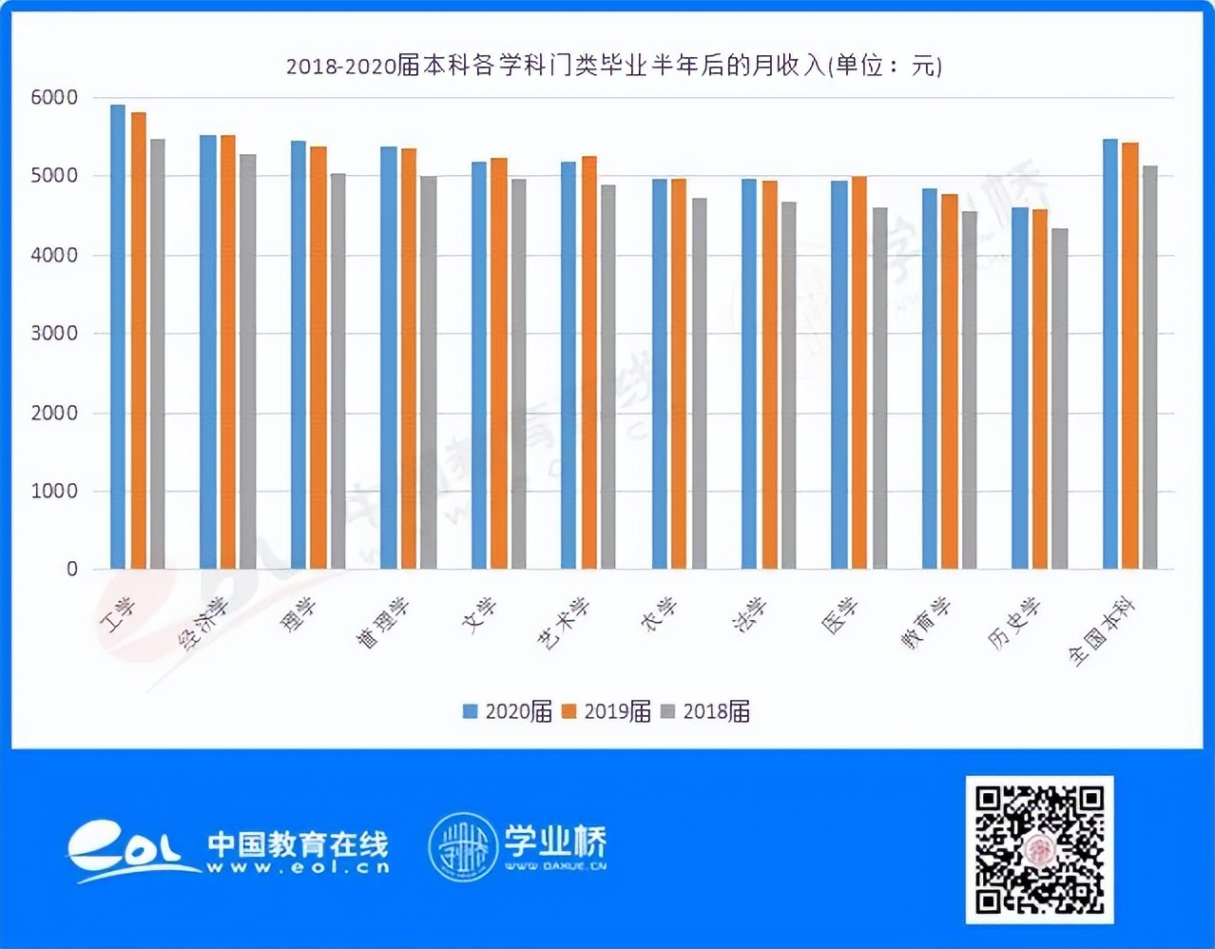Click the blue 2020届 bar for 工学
(118, 338)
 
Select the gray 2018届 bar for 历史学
(1059, 399)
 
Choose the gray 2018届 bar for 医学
(879, 389)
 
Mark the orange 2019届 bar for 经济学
(228, 353)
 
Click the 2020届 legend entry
(508, 711)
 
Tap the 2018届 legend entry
(705, 711)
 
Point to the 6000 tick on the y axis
(54, 97)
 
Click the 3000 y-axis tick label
(54, 334)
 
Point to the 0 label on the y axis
(72, 570)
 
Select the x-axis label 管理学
(383, 624)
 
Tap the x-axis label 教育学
(926, 624)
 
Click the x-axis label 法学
(750, 615)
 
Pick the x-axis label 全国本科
(1103, 632)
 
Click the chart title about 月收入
(614, 66)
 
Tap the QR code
(1039, 849)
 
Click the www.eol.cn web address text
(298, 867)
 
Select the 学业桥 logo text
(555, 841)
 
